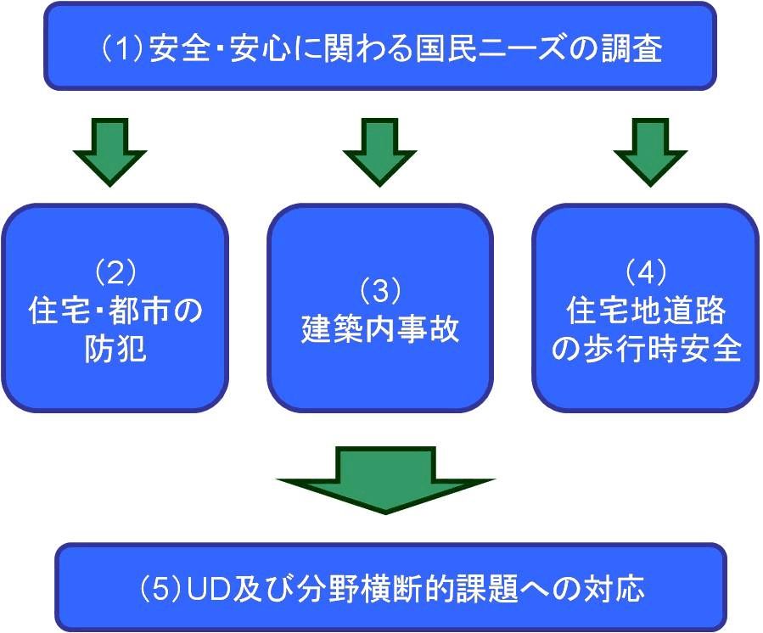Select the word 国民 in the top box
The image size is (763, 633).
pos(446,48)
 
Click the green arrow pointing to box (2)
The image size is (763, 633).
pos(110,152)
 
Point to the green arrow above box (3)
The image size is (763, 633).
pos(380,152)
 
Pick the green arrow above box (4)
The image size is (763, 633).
pos(650,152)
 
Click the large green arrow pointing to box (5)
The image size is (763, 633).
pos(385,479)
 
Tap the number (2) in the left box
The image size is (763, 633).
pos(115,272)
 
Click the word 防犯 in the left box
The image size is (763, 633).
pos(115,349)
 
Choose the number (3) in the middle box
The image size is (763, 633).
pos(380,291)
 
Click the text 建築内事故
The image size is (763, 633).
pos(380,329)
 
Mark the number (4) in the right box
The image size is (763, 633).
pos(646,272)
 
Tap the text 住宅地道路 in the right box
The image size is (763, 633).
pos(646,311)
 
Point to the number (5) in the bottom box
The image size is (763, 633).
pos(161,588)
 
